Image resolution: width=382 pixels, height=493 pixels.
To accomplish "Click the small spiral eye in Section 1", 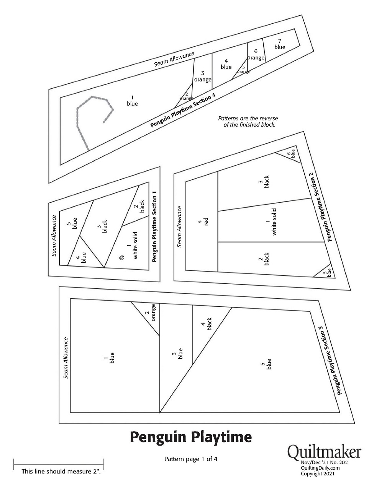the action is coord(121,257).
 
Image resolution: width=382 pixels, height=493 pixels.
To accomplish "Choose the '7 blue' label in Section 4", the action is coord(280,44).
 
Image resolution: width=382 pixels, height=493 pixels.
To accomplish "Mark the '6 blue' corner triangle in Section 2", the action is coord(291,153).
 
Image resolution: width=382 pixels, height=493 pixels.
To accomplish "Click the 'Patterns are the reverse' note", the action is coord(248,118).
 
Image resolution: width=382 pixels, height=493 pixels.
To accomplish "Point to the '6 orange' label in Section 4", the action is coord(256,54).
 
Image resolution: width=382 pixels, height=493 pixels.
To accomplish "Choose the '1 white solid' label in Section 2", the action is coord(271,222).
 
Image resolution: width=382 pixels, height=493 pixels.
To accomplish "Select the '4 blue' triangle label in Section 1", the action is coord(81,257).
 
